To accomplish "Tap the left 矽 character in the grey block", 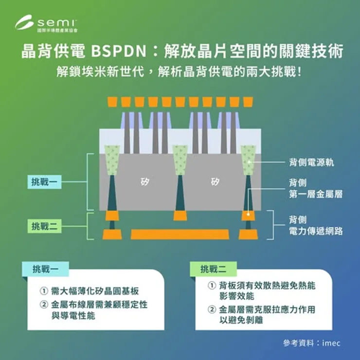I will [145, 182].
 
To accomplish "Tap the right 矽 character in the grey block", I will [215, 182].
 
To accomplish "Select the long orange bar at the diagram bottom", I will [180, 234].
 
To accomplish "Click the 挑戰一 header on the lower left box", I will [44, 269].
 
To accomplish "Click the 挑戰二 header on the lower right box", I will [212, 269].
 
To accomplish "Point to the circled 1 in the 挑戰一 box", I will [44, 291].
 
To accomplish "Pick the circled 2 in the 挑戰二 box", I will [212, 309].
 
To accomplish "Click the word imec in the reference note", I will [331, 343].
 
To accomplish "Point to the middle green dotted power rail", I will [180, 161].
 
